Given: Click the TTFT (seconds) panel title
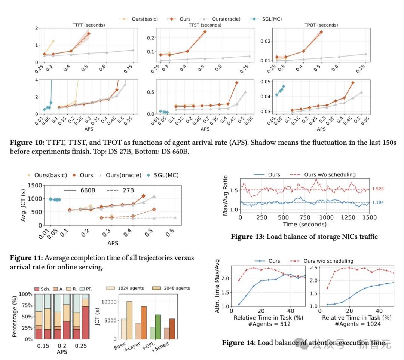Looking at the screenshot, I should pos(89,25).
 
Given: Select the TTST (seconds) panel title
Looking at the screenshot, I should pos(205,25).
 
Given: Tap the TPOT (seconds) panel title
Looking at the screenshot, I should pos(321,25).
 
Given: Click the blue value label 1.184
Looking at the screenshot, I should pos(379,202).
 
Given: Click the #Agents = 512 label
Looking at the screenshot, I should pos(268,324).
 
